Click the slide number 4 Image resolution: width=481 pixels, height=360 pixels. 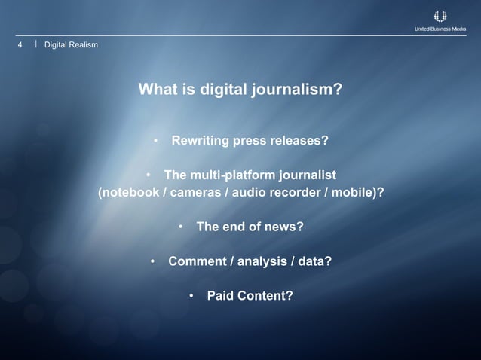[x=20, y=45]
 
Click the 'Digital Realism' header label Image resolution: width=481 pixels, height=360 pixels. [x=71, y=45]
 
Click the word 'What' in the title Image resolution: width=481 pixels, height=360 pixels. [x=158, y=90]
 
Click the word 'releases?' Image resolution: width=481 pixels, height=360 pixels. [x=302, y=141]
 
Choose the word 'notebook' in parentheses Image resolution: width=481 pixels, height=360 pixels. [x=130, y=191]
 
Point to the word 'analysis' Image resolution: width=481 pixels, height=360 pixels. [x=264, y=261]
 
